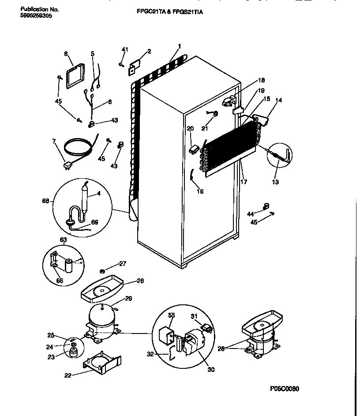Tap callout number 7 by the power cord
54,141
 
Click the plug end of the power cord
67,165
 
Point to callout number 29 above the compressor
128,299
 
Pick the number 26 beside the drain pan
140,281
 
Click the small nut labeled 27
102,270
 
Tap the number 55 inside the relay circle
172,315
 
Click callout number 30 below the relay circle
211,370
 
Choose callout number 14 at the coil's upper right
278,101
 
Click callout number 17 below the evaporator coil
244,181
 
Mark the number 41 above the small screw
124,49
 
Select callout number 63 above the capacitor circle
64,240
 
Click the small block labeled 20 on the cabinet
192,150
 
